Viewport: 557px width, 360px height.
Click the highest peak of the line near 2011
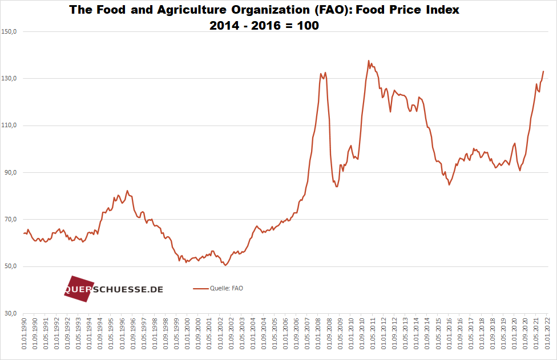pyautogui.click(x=369, y=60)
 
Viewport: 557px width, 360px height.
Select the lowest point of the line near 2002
pyautogui.click(x=225, y=265)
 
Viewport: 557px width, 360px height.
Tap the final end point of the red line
pyautogui.click(x=543, y=71)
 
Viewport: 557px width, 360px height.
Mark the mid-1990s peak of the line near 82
pyautogui.click(x=127, y=191)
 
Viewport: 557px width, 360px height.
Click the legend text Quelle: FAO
pyautogui.click(x=227, y=289)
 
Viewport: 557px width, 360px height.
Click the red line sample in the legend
pyautogui.click(x=201, y=289)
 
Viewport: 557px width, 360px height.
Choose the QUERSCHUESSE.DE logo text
pyautogui.click(x=114, y=289)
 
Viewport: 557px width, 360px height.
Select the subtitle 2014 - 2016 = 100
pyautogui.click(x=264, y=26)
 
